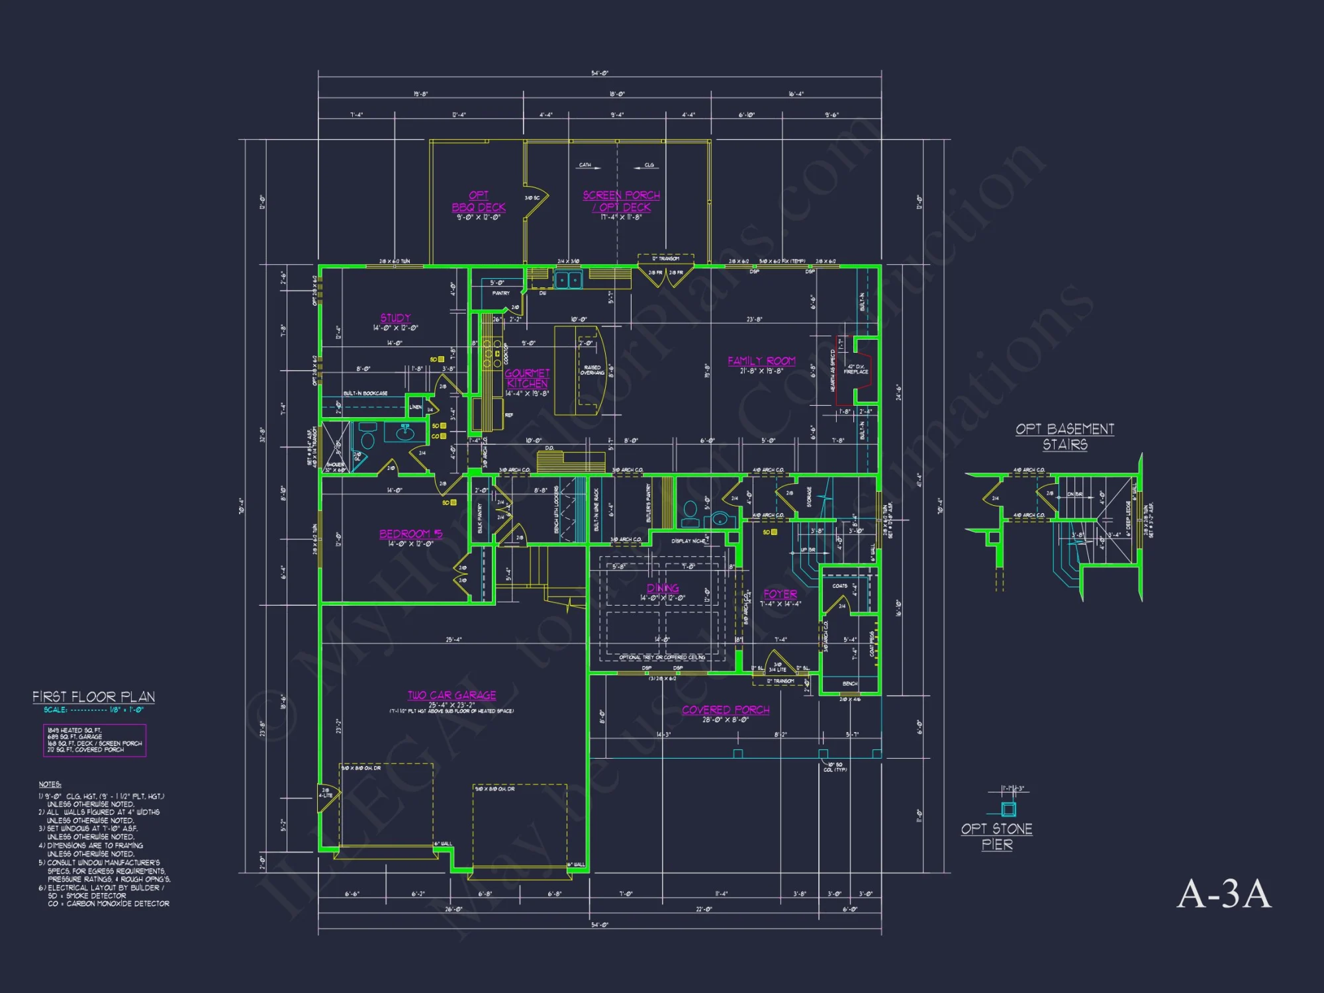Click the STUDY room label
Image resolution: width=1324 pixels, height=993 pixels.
point(395,318)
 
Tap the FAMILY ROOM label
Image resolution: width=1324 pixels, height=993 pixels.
point(761,361)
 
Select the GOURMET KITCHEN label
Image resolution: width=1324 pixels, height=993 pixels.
point(527,378)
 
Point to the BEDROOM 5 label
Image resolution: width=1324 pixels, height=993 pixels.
point(410,534)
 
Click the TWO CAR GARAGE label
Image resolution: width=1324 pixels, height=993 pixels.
point(451,695)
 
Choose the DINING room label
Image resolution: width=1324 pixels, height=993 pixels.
point(663,588)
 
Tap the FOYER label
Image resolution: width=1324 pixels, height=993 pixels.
point(780,594)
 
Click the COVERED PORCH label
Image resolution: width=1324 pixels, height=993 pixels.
point(726,710)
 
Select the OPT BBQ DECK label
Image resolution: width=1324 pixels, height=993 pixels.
point(479,201)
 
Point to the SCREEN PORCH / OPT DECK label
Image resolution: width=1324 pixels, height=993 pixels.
point(621,201)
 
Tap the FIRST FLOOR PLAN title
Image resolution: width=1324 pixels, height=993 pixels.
point(93,696)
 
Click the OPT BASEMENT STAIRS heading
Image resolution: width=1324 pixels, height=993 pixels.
point(1064,436)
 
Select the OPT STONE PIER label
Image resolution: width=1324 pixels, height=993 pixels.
point(996,836)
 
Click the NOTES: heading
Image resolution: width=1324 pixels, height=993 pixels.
point(50,784)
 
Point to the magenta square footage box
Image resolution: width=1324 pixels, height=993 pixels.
point(95,740)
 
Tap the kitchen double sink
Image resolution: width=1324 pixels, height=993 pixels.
point(568,280)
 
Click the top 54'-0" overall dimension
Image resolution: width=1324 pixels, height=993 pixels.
point(600,73)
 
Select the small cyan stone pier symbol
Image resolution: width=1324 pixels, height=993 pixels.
point(1008,809)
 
